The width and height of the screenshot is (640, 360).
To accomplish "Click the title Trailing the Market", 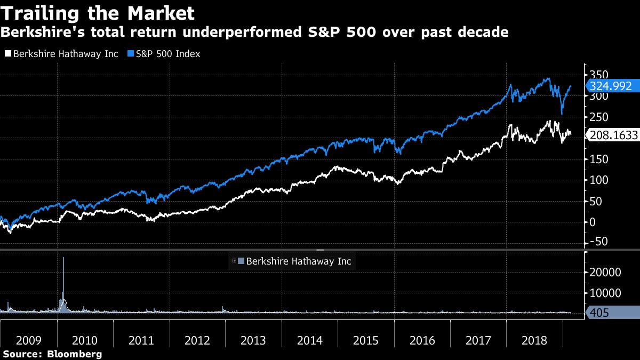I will (97, 13).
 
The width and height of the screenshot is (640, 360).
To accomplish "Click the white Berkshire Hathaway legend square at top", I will (7, 54).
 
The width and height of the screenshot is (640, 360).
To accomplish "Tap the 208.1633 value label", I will (613, 135).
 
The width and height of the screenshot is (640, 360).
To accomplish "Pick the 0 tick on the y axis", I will (592, 222).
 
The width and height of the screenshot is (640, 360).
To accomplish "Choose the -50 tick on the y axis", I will (598, 242).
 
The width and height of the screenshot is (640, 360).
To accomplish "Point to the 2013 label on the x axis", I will (253, 340).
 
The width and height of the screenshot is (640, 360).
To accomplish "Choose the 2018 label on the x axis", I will (534, 340).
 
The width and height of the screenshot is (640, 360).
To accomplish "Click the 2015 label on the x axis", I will (365, 340).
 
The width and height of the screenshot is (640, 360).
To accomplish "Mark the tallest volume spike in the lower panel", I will (63, 259).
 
